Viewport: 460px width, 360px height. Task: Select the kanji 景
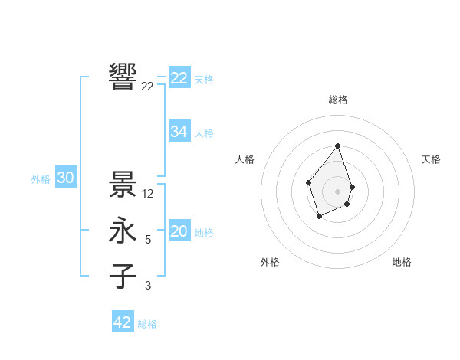pyautogui.click(x=123, y=184)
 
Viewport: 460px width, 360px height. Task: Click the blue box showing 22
pyautogui.click(x=179, y=78)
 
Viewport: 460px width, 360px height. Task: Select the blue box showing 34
pyautogui.click(x=179, y=132)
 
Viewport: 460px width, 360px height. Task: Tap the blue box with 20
pyautogui.click(x=179, y=231)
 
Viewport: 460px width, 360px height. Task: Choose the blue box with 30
pyautogui.click(x=66, y=178)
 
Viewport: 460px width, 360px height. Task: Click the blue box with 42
pyautogui.click(x=123, y=322)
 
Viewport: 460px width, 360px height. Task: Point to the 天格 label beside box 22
pyautogui.click(x=204, y=80)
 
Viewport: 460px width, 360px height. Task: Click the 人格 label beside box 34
pyautogui.click(x=204, y=133)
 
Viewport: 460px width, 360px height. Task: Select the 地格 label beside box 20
pyautogui.click(x=204, y=233)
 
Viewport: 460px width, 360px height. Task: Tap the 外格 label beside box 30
pyautogui.click(x=41, y=179)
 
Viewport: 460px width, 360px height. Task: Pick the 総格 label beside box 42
pyautogui.click(x=147, y=324)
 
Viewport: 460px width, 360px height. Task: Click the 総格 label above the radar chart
pyautogui.click(x=337, y=100)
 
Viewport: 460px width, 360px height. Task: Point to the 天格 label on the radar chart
pyautogui.click(x=431, y=159)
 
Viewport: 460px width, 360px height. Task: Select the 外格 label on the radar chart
pyautogui.click(x=270, y=262)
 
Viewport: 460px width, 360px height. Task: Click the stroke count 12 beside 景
pyautogui.click(x=149, y=194)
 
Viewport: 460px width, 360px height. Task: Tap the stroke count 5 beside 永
pyautogui.click(x=148, y=240)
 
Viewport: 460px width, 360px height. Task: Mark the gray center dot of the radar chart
pyautogui.click(x=337, y=191)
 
